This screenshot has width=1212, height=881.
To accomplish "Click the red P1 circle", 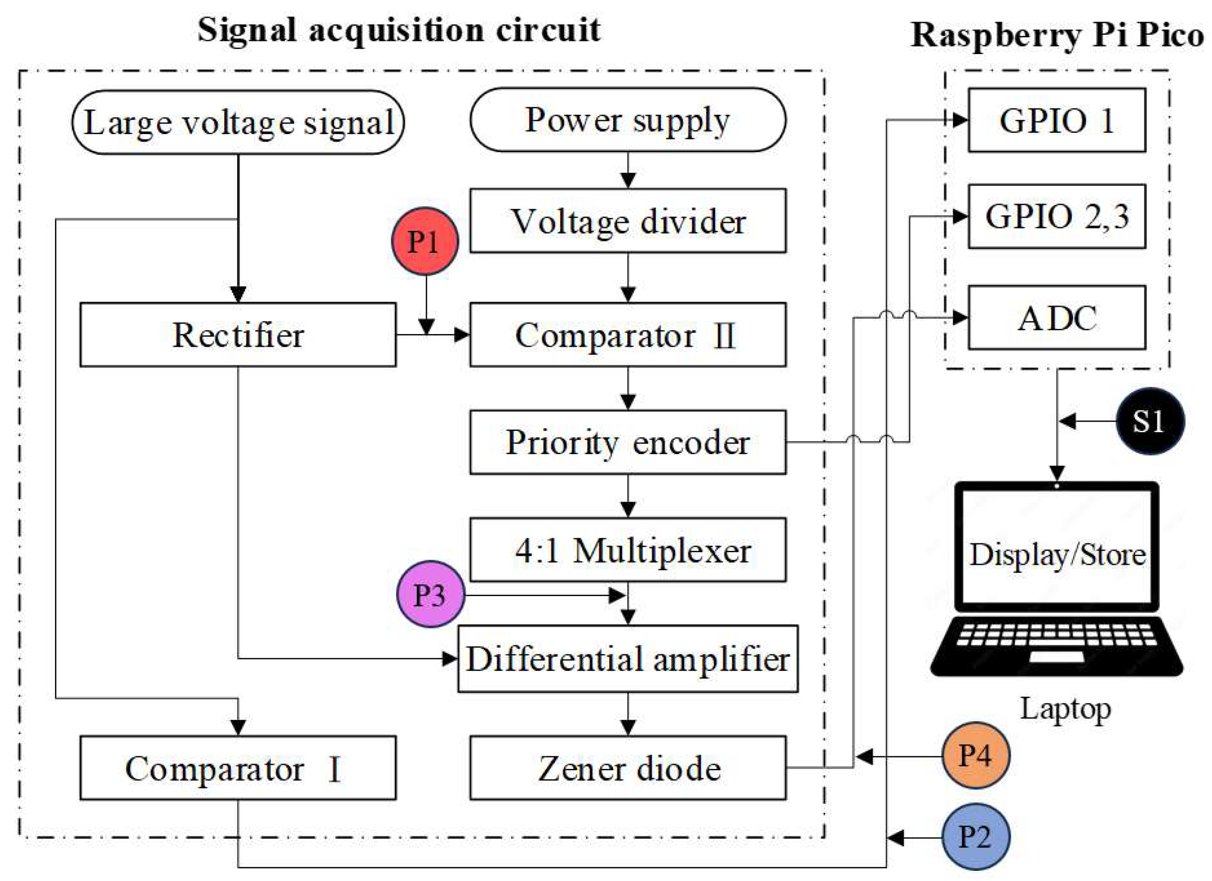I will [x=425, y=241].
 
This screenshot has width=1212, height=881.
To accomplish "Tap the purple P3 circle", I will [x=430, y=594].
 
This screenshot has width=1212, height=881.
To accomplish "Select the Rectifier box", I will [x=238, y=335].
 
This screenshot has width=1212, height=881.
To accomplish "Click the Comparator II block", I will [x=628, y=335].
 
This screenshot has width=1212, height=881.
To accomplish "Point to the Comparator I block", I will [x=238, y=768].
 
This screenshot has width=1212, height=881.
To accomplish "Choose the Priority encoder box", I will [x=628, y=442].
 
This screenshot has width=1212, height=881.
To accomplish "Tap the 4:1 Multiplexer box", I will [x=628, y=550].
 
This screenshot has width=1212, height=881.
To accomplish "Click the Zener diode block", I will [x=628, y=768].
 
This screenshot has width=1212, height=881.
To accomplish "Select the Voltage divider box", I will [x=628, y=221].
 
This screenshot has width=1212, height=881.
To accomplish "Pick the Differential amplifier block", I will [x=628, y=659].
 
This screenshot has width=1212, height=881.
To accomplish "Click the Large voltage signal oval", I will [x=238, y=122].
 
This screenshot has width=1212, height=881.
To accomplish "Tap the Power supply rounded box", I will [x=628, y=120].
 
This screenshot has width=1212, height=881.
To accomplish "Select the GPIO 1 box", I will [x=1056, y=120].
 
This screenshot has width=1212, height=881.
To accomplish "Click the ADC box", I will [x=1056, y=318].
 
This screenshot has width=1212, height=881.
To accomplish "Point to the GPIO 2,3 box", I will [x=1056, y=216].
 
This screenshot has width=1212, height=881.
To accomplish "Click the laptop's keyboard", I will [x=1056, y=638].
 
